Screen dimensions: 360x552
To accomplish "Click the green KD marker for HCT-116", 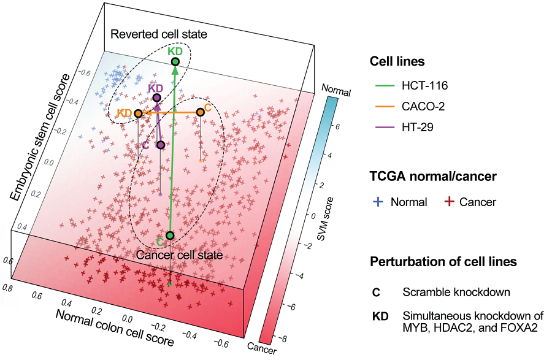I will click(x=175, y=61).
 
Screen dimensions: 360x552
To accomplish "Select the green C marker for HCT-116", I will click(x=170, y=236).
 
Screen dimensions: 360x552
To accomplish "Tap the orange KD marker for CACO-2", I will click(x=139, y=113).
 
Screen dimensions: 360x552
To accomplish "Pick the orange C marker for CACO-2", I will click(x=200, y=112).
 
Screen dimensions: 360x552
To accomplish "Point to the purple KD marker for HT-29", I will click(x=156, y=98).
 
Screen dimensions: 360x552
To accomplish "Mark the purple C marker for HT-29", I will click(x=161, y=145).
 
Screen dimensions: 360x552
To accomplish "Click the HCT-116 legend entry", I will click(x=425, y=85).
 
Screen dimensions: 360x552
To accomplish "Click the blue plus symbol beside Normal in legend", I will click(x=378, y=202).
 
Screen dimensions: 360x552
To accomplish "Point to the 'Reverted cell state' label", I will click(x=159, y=34).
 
